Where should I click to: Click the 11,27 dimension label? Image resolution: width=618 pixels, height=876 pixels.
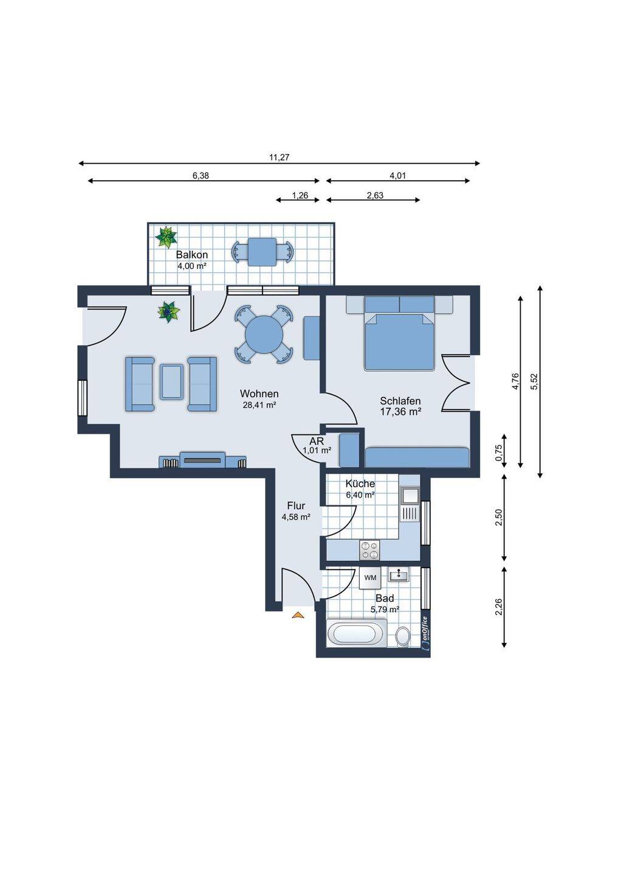(279, 158)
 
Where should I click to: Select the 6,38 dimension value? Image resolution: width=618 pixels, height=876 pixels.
(201, 176)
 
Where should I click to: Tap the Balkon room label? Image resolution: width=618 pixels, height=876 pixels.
(192, 254)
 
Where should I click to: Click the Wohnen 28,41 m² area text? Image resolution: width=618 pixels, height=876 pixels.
(260, 405)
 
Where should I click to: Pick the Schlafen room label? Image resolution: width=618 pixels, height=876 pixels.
(400, 401)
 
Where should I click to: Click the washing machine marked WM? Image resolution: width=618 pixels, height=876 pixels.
(370, 578)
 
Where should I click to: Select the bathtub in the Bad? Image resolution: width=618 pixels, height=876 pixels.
(356, 633)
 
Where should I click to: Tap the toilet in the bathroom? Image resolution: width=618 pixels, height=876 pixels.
(402, 637)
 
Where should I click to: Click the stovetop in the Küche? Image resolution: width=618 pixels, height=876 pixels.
(369, 549)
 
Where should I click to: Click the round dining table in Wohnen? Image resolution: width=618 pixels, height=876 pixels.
(264, 335)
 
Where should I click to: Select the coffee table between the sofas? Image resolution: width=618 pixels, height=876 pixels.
(171, 381)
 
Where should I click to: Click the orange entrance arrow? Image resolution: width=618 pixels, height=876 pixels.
(298, 615)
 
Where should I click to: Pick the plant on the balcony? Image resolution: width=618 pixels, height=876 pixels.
(166, 237)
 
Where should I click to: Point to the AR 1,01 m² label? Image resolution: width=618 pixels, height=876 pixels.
(317, 445)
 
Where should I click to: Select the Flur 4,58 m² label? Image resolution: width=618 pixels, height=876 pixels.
(296, 511)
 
